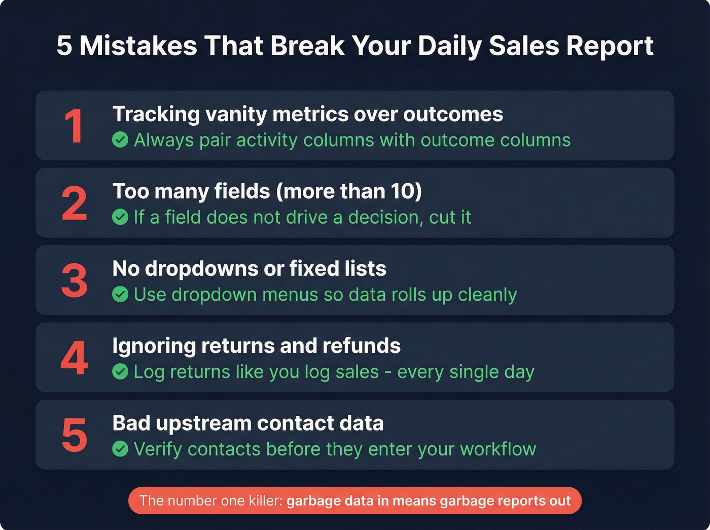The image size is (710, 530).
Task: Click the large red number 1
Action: (75, 126)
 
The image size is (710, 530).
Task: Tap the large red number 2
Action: (75, 204)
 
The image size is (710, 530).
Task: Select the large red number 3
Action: (75, 281)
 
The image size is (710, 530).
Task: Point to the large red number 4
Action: (75, 359)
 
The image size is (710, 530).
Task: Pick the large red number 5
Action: (75, 436)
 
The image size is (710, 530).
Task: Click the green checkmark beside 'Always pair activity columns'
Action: (120, 140)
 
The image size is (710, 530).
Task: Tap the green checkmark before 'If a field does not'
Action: (120, 218)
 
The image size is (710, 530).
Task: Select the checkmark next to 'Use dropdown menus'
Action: (120, 295)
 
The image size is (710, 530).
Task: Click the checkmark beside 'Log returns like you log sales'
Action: (120, 372)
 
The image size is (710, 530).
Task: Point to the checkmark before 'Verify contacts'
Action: (120, 449)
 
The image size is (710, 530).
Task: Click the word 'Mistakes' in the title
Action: (138, 46)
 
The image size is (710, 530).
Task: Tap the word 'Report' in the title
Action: (610, 46)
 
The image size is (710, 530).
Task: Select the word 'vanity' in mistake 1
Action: (236, 115)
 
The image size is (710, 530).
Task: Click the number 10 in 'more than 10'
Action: (403, 192)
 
